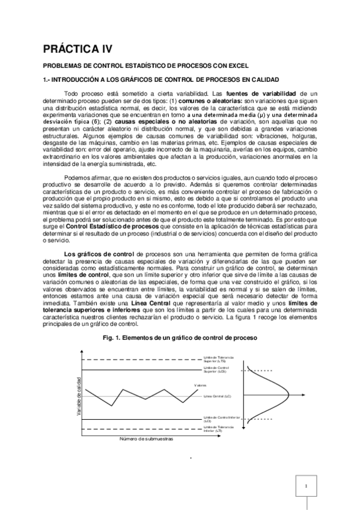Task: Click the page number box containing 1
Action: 306,487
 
